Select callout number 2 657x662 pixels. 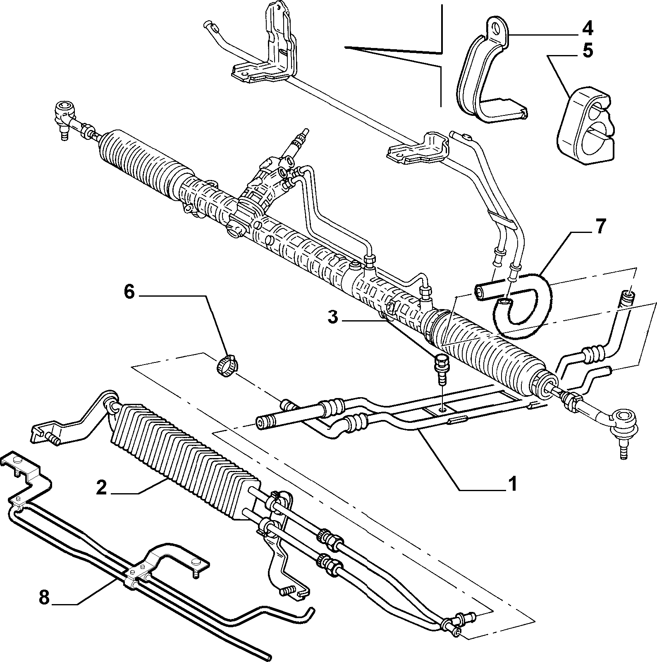coord(102,487)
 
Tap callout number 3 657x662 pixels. coord(333,317)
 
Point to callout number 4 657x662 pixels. coord(587,29)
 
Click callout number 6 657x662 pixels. coord(129,292)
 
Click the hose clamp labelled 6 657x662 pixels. coord(227,366)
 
